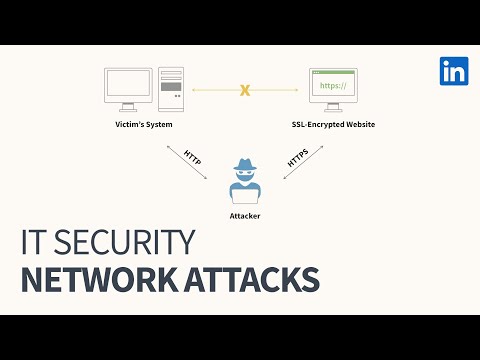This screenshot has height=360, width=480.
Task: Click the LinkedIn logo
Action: point(454,71)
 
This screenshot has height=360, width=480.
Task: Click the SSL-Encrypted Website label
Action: point(333,125)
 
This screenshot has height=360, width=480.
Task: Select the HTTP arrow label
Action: point(193,157)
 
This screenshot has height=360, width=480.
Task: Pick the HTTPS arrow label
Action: point(297,158)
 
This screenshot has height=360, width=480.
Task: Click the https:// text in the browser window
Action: point(332,87)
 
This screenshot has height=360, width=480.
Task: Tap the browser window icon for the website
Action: point(333,86)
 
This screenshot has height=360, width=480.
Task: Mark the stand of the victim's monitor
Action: point(127,111)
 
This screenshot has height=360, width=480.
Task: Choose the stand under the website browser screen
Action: point(333,111)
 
